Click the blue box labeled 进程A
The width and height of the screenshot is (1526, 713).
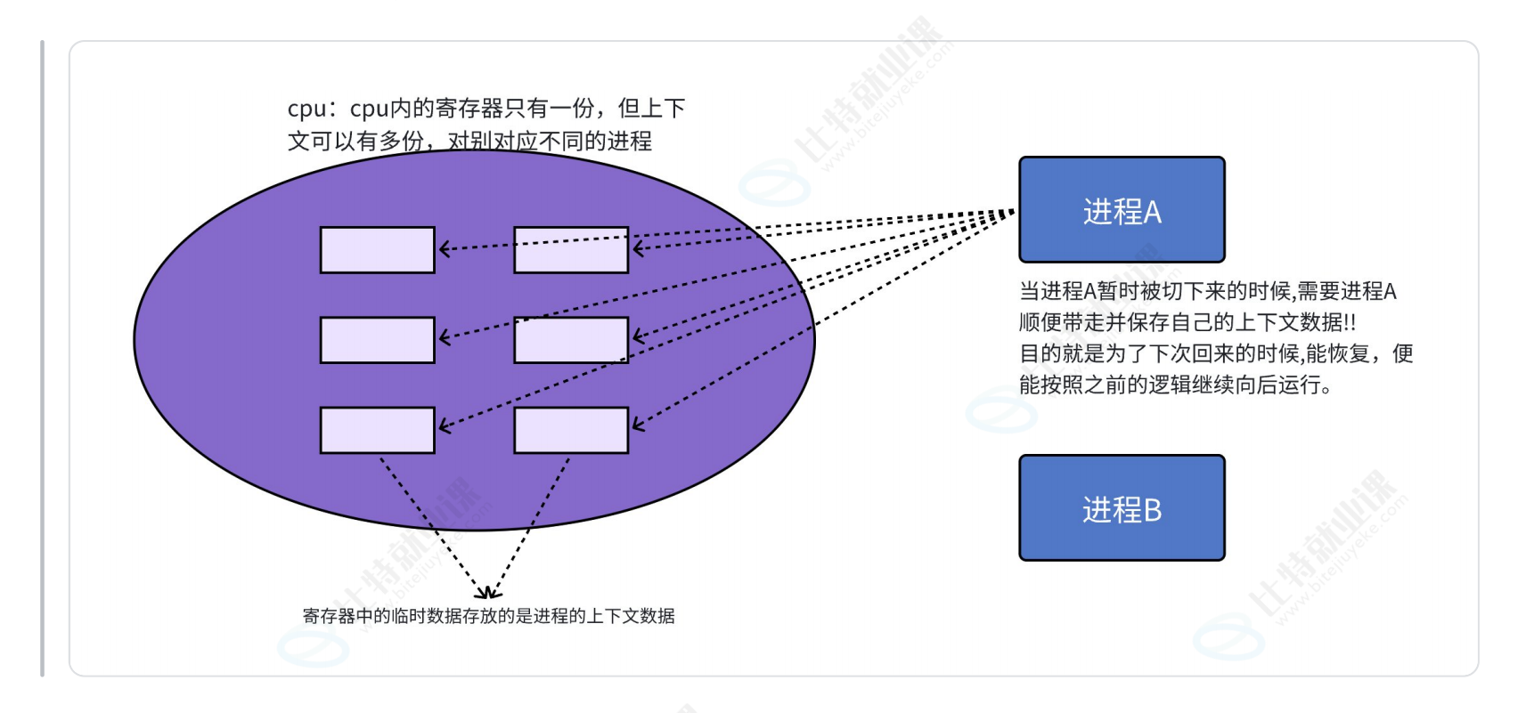pyautogui.click(x=1122, y=210)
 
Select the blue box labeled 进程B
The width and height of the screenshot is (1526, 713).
pyautogui.click(x=1122, y=508)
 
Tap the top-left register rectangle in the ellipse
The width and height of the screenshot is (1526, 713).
pyautogui.click(x=377, y=250)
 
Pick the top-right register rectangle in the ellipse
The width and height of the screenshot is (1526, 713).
pyautogui.click(x=571, y=250)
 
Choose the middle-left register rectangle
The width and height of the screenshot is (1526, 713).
pyautogui.click(x=377, y=340)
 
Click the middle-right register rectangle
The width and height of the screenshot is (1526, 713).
pyautogui.click(x=571, y=340)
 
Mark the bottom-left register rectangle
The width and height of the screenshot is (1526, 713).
pyautogui.click(x=377, y=430)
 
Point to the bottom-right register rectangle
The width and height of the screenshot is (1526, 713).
pyautogui.click(x=571, y=430)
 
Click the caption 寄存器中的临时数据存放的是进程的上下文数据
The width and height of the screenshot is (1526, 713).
pyautogui.click(x=488, y=616)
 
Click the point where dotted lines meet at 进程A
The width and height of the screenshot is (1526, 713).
pyautogui.click(x=1013, y=212)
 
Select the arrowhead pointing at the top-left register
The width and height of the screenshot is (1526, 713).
pyautogui.click(x=443, y=249)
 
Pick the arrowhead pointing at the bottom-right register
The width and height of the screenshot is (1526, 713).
pyautogui.click(x=636, y=425)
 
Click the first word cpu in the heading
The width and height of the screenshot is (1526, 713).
pyautogui.click(x=306, y=109)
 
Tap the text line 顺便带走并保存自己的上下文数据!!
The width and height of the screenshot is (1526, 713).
pyautogui.click(x=1187, y=322)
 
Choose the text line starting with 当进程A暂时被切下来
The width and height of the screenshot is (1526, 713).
pyautogui.click(x=1207, y=291)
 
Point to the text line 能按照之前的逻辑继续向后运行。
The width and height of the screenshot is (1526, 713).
pyautogui.click(x=1175, y=385)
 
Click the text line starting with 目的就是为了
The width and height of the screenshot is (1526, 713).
pyautogui.click(x=1215, y=353)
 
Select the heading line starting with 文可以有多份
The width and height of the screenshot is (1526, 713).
pyautogui.click(x=469, y=141)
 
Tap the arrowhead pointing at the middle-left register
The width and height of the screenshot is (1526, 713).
pyautogui.click(x=443, y=337)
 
